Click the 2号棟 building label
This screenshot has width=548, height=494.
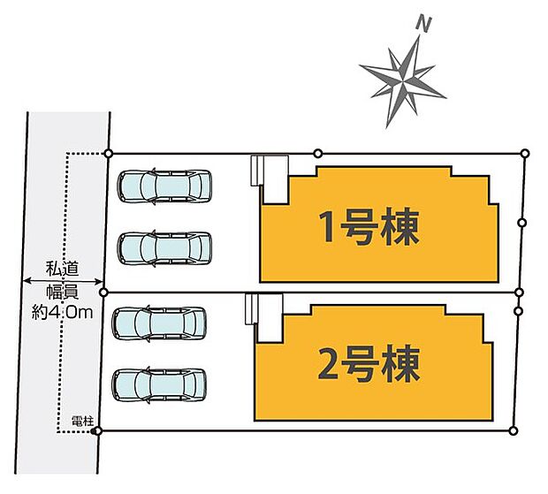369,363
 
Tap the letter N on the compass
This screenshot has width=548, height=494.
424,26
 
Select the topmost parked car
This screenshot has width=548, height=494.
166,186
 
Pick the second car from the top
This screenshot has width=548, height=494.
166,248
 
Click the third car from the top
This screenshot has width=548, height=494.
161,323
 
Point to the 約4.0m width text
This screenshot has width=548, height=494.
65,312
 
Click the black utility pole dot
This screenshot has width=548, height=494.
92,430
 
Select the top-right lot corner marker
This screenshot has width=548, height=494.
525,154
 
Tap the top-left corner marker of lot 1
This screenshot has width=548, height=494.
108,154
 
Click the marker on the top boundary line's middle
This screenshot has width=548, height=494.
318,154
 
